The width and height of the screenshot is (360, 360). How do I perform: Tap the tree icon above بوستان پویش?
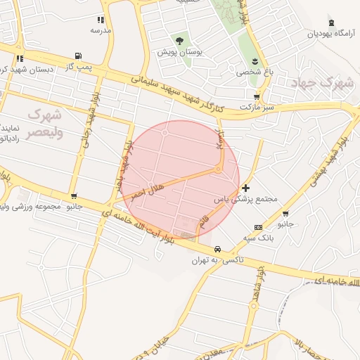(x=179, y=41)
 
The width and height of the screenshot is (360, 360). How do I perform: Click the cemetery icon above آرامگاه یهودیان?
(x=330, y=22)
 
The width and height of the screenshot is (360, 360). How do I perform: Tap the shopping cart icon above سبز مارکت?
(x=257, y=97)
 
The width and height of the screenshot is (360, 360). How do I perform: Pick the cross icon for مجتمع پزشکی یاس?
(x=245, y=188)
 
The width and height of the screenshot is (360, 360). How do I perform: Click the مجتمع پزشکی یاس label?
(x=252, y=199)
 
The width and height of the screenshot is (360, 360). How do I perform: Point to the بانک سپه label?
(x=258, y=238)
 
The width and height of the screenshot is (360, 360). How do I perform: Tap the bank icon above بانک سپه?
(x=258, y=227)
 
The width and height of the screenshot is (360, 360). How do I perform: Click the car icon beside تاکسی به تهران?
(x=218, y=250)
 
